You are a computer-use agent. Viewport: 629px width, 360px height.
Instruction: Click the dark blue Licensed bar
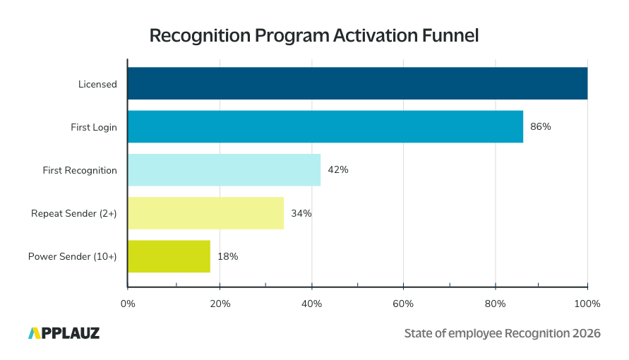click(x=357, y=84)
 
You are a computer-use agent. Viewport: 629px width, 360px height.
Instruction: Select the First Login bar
click(x=325, y=127)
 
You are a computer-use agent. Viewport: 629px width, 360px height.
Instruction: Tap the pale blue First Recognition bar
click(x=224, y=170)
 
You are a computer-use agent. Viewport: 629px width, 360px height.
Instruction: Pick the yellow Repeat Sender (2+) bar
click(x=205, y=213)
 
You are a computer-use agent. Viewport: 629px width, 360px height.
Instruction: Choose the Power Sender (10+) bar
click(x=169, y=256)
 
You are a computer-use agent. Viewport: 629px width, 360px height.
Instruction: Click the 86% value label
click(x=540, y=127)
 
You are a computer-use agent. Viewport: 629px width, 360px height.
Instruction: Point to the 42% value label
click(x=338, y=170)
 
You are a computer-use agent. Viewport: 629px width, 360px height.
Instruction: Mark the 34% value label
click(x=301, y=213)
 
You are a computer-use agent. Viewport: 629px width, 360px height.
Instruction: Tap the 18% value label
click(x=228, y=256)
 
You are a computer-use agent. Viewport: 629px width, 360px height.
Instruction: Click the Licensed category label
click(x=97, y=84)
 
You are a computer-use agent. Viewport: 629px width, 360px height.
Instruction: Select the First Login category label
click(x=94, y=127)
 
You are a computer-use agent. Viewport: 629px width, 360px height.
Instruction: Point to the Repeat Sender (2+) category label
click(x=74, y=213)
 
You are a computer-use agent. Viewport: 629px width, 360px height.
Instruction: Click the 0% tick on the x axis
click(x=128, y=304)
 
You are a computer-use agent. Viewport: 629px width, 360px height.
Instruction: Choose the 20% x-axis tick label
click(x=220, y=304)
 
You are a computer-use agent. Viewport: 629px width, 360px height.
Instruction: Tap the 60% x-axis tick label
click(x=403, y=304)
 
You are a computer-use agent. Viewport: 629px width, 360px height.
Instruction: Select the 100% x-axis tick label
click(x=587, y=304)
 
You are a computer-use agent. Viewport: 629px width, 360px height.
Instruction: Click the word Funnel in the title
click(x=450, y=36)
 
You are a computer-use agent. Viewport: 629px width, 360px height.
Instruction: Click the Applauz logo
click(x=64, y=333)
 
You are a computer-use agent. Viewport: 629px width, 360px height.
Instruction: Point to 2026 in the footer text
click(x=584, y=333)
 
